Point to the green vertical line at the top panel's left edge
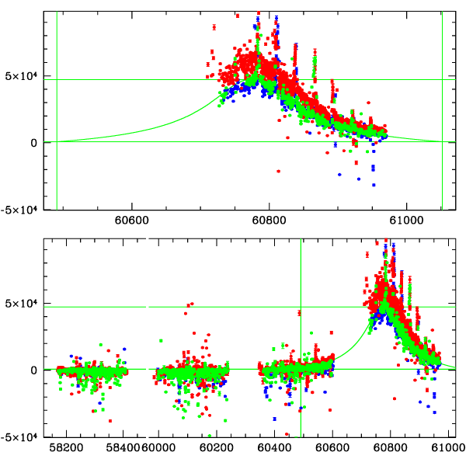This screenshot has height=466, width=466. pos(57,109)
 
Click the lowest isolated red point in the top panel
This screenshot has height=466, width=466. pos(278,171)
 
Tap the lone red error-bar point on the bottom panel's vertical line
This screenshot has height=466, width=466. pos(299,313)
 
